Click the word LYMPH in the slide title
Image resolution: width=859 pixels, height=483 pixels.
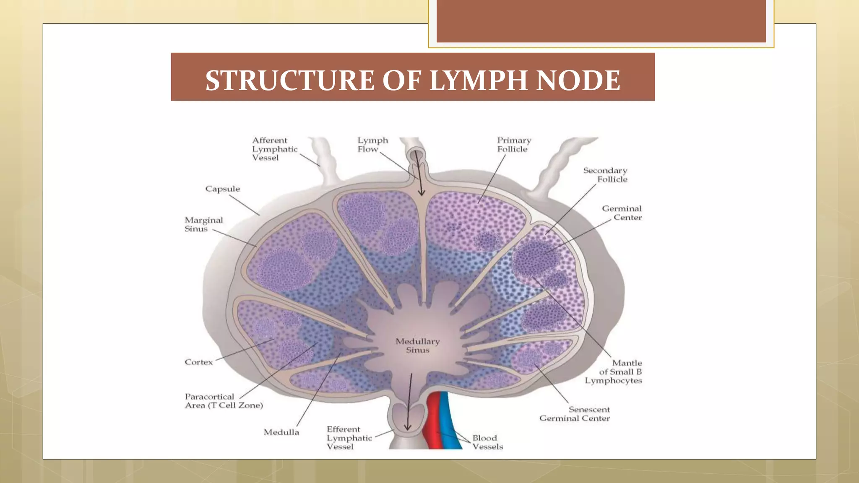tap(478, 80)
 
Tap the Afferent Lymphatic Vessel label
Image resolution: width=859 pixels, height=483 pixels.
tap(274, 149)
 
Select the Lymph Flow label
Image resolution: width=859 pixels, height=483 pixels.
tap(372, 145)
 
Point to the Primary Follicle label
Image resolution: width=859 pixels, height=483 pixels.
tap(514, 145)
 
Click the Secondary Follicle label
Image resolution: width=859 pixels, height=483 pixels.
tap(606, 175)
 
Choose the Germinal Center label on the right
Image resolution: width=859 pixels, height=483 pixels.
tap(622, 213)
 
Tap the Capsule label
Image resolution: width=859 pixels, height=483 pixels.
tap(222, 189)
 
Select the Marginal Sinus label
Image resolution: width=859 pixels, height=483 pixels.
tap(203, 224)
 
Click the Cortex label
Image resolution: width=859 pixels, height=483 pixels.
tap(198, 362)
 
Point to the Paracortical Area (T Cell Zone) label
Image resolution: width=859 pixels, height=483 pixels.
tap(224, 401)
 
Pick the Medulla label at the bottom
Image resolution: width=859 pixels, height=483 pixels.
tap(281, 432)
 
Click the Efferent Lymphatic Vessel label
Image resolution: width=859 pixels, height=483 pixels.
tap(349, 438)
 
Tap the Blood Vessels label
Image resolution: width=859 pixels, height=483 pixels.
tap(487, 442)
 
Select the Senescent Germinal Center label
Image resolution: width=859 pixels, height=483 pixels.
tap(575, 414)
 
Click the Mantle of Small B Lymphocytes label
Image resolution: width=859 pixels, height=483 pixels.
tap(614, 372)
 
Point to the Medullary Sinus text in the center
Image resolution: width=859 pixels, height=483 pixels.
tap(417, 345)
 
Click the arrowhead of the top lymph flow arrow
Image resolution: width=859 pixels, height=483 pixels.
tap(421, 192)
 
